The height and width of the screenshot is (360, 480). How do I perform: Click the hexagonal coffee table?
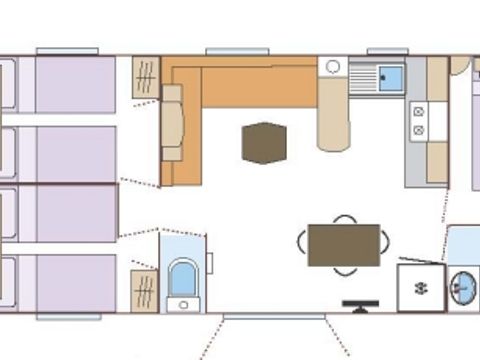[264, 142]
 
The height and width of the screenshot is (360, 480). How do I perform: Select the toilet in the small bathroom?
[183, 279]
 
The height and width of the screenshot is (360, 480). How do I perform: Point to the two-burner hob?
[418, 121]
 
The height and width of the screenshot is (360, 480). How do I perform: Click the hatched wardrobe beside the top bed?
[145, 78]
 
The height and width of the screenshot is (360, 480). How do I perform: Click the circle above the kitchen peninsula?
[333, 67]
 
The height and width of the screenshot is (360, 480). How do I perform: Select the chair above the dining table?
[344, 219]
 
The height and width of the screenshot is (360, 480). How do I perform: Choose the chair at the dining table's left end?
[301, 242]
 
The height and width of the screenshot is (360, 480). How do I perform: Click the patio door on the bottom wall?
[273, 315]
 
